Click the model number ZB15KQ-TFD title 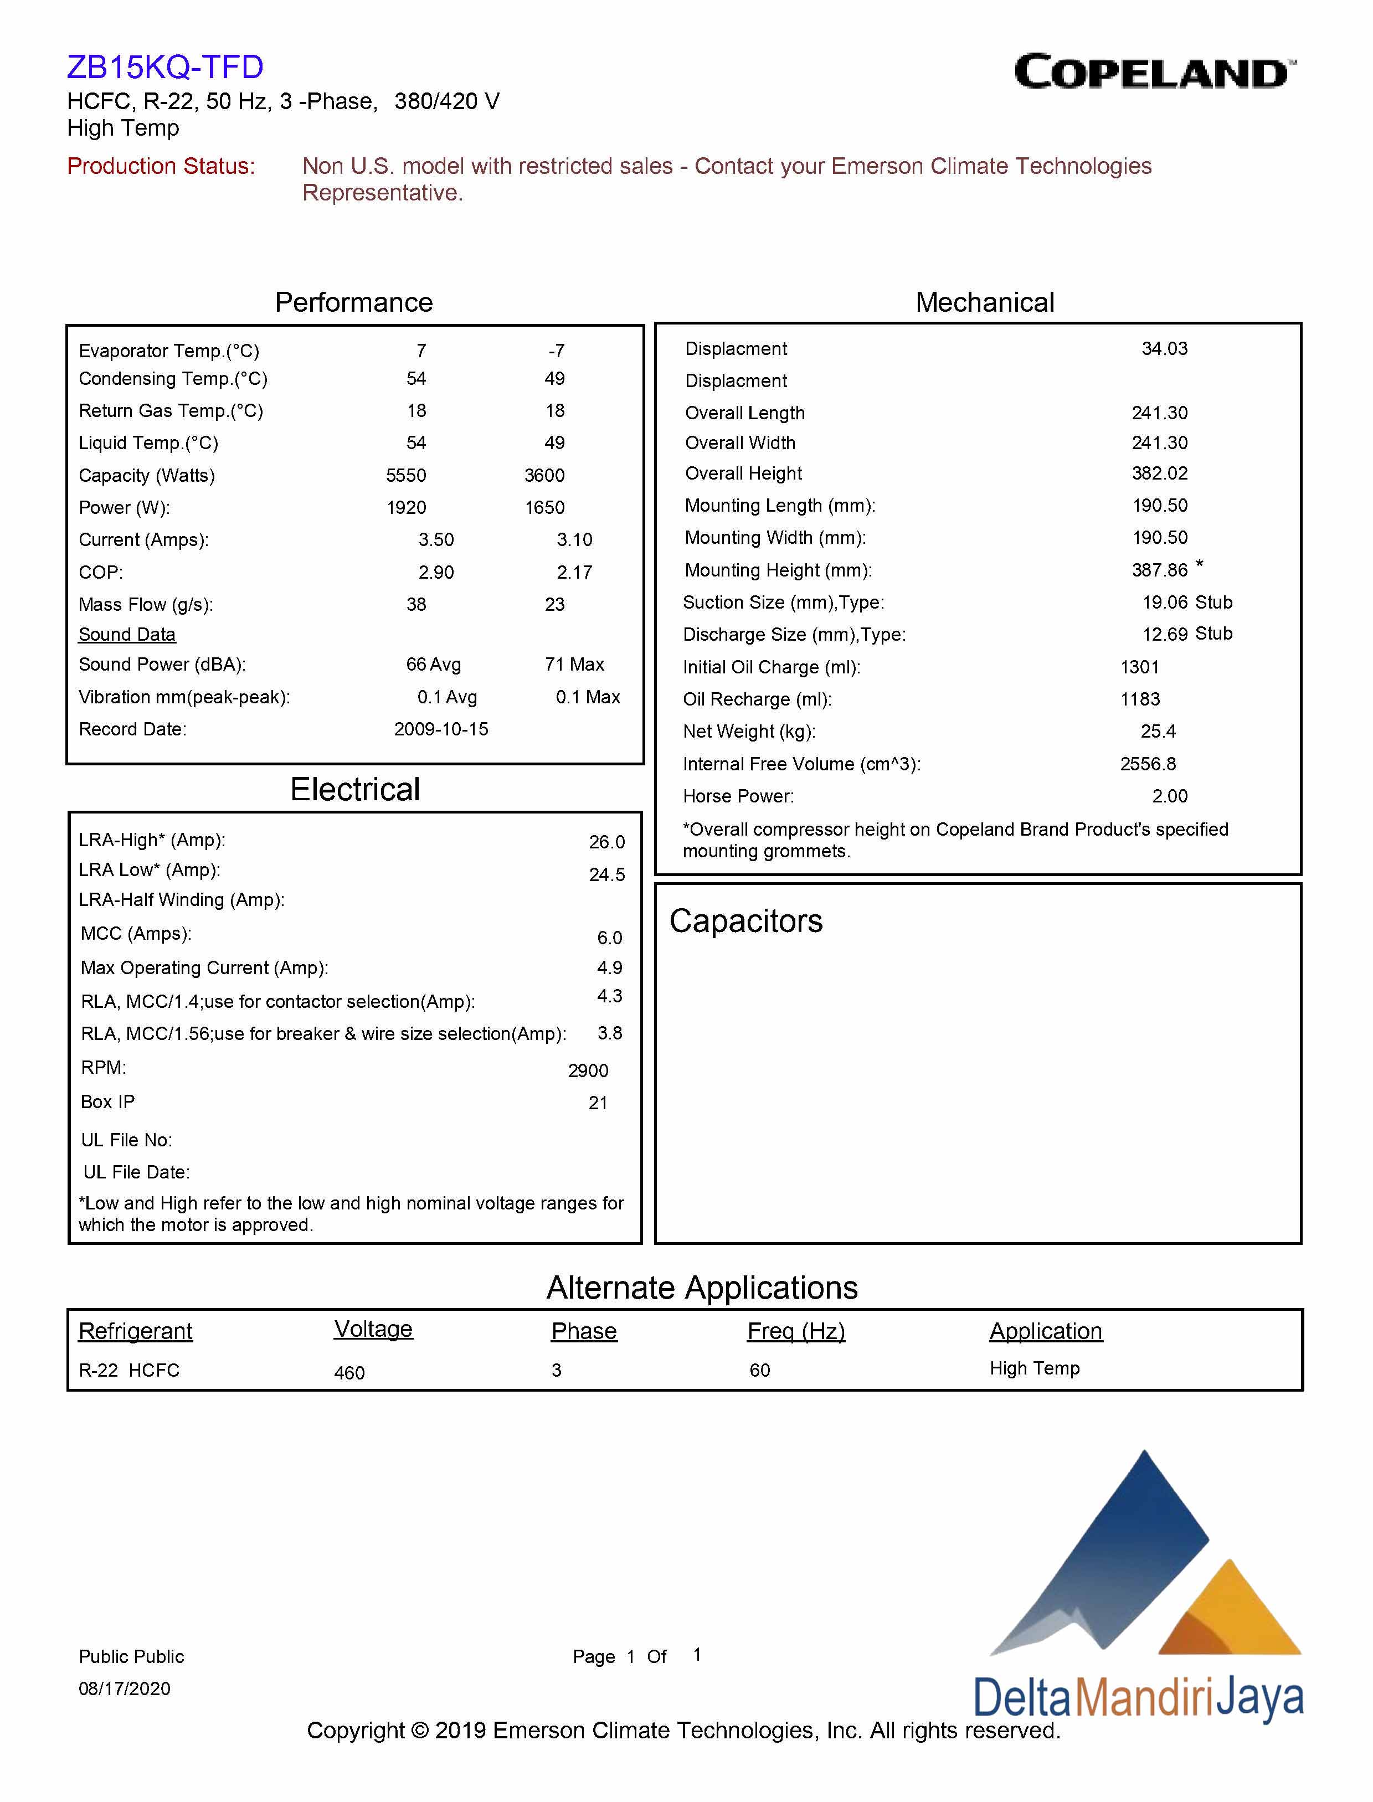coord(165,67)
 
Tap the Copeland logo coord(1154,72)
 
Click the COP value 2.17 coord(574,572)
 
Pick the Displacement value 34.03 coord(1165,349)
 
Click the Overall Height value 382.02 coord(1160,473)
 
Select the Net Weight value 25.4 coord(1158,732)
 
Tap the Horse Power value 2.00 coord(1170,796)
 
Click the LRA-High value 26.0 coord(606,842)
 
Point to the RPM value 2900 coord(588,1070)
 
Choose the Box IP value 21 coord(598,1103)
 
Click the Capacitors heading coord(745,921)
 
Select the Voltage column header coord(373,1329)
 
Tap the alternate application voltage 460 coord(349,1373)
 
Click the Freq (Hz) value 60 coord(759,1371)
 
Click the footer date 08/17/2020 coord(124,1688)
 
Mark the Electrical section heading coord(354,790)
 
